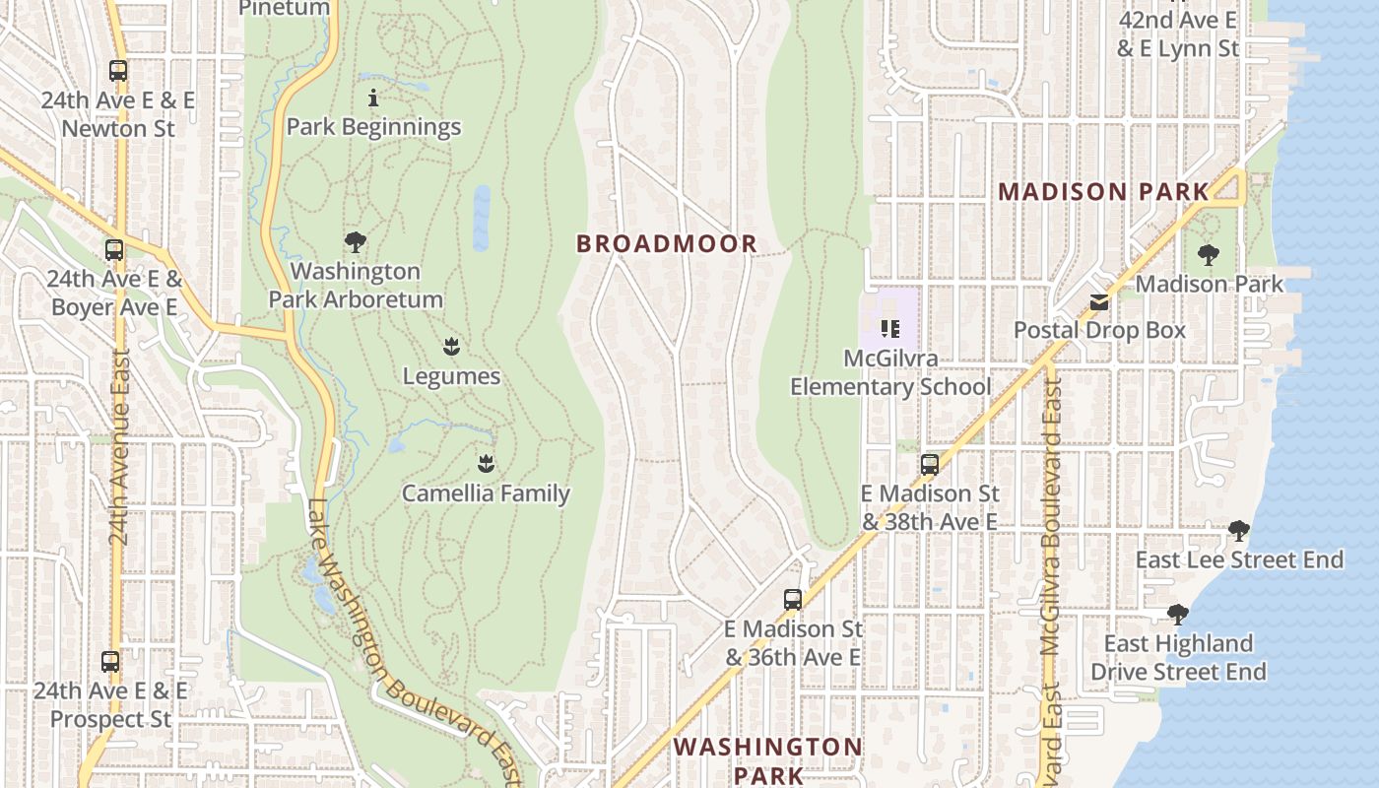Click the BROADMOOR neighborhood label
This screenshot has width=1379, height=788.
pyautogui.click(x=667, y=244)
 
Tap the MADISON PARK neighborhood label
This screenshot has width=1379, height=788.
pyautogui.click(x=1103, y=192)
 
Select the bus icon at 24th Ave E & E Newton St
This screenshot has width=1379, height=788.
pyautogui.click(x=118, y=71)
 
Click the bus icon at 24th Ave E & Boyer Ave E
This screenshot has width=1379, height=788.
pyautogui.click(x=115, y=250)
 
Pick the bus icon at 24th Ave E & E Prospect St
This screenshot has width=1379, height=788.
pyautogui.click(x=110, y=662)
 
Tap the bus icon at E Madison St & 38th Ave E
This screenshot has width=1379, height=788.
pyautogui.click(x=930, y=465)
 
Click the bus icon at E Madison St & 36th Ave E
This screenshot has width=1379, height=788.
pyautogui.click(x=793, y=599)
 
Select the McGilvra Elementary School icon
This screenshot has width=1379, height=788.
pyautogui.click(x=890, y=329)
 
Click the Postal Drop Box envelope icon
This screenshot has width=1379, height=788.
pyautogui.click(x=1099, y=302)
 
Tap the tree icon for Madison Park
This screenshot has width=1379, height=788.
pyautogui.click(x=1209, y=256)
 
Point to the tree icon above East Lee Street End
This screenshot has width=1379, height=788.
pyautogui.click(x=1239, y=532)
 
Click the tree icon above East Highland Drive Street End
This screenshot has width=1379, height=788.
pyautogui.click(x=1177, y=616)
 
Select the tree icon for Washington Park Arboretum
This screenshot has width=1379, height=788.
pyautogui.click(x=356, y=242)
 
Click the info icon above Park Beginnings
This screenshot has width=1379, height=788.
pyautogui.click(x=373, y=98)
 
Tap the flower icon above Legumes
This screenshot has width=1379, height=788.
pyautogui.click(x=451, y=347)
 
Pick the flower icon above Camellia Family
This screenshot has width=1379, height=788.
pyautogui.click(x=486, y=463)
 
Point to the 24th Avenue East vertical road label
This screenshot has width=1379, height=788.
pyautogui.click(x=119, y=448)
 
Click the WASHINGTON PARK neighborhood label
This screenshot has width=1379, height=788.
pyautogui.click(x=768, y=760)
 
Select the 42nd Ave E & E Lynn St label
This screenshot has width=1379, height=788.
pyautogui.click(x=1178, y=33)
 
